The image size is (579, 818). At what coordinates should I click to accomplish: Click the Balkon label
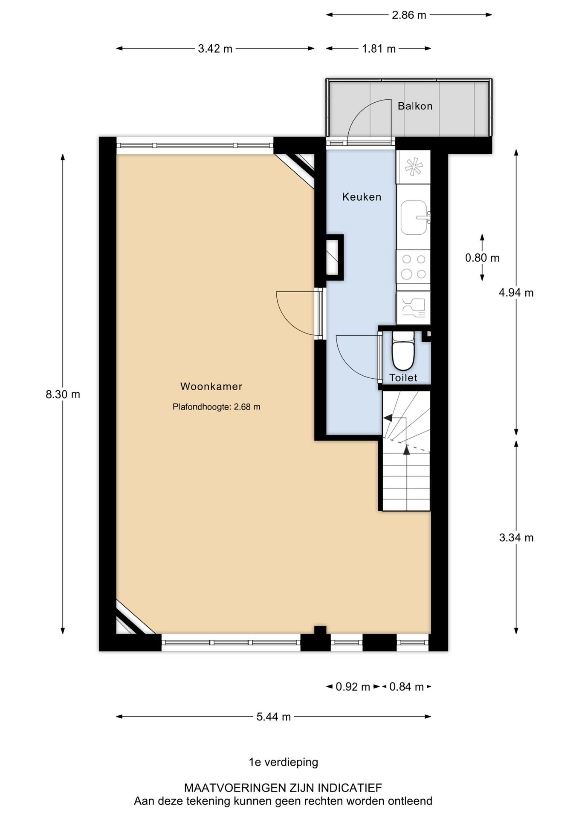click(x=415, y=106)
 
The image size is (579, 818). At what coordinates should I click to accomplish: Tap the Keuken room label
click(x=362, y=197)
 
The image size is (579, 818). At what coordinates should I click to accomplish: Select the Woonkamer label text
click(x=211, y=386)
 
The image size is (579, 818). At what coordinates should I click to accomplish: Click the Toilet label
click(x=403, y=377)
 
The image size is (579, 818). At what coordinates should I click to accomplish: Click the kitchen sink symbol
click(x=414, y=217)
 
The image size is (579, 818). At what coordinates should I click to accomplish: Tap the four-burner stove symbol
click(x=413, y=267)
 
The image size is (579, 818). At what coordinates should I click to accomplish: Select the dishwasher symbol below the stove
click(x=413, y=308)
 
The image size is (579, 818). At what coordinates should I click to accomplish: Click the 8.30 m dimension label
click(x=63, y=395)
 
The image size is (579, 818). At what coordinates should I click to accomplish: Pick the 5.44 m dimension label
click(x=273, y=717)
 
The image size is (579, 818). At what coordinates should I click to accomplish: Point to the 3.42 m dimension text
click(x=215, y=49)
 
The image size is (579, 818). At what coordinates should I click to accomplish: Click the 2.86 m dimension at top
click(x=408, y=15)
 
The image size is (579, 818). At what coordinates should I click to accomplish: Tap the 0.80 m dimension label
click(x=482, y=258)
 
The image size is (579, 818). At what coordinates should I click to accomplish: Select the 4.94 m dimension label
click(x=516, y=293)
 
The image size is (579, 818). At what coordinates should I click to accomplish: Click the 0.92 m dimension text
click(x=353, y=687)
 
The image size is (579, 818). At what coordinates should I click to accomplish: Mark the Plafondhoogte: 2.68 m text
click(x=216, y=407)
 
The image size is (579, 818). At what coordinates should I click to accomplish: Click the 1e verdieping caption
click(x=283, y=762)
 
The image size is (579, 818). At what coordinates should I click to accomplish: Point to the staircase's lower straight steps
click(x=406, y=481)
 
